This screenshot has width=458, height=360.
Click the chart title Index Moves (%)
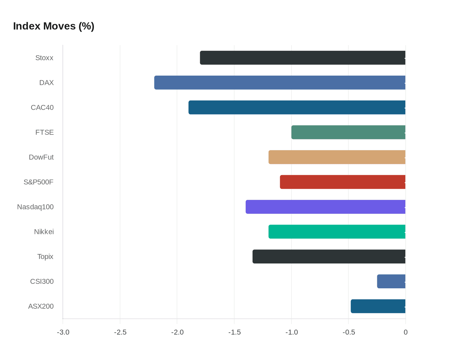click(54, 26)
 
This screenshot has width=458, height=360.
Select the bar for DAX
click(280, 82)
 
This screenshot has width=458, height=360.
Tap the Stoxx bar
click(303, 58)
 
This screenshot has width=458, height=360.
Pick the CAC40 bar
click(297, 107)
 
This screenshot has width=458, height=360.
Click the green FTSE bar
click(348, 132)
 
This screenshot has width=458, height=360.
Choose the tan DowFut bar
click(337, 157)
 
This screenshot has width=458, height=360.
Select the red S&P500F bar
click(343, 182)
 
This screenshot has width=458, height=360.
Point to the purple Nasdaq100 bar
click(326, 207)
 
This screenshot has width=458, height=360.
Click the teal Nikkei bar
click(337, 232)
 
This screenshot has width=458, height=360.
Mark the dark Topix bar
click(329, 257)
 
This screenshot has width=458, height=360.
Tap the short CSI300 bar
click(391, 281)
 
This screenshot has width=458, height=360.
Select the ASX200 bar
click(378, 306)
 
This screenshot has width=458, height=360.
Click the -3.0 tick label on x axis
click(63, 333)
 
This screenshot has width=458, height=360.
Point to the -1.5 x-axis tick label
click(234, 333)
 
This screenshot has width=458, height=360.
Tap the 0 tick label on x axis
click(406, 333)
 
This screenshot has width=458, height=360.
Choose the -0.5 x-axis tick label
click(348, 333)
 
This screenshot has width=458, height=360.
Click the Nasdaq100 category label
click(35, 207)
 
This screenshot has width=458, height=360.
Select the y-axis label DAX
click(46, 82)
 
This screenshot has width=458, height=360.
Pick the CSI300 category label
click(42, 281)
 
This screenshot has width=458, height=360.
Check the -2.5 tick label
click(120, 333)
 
